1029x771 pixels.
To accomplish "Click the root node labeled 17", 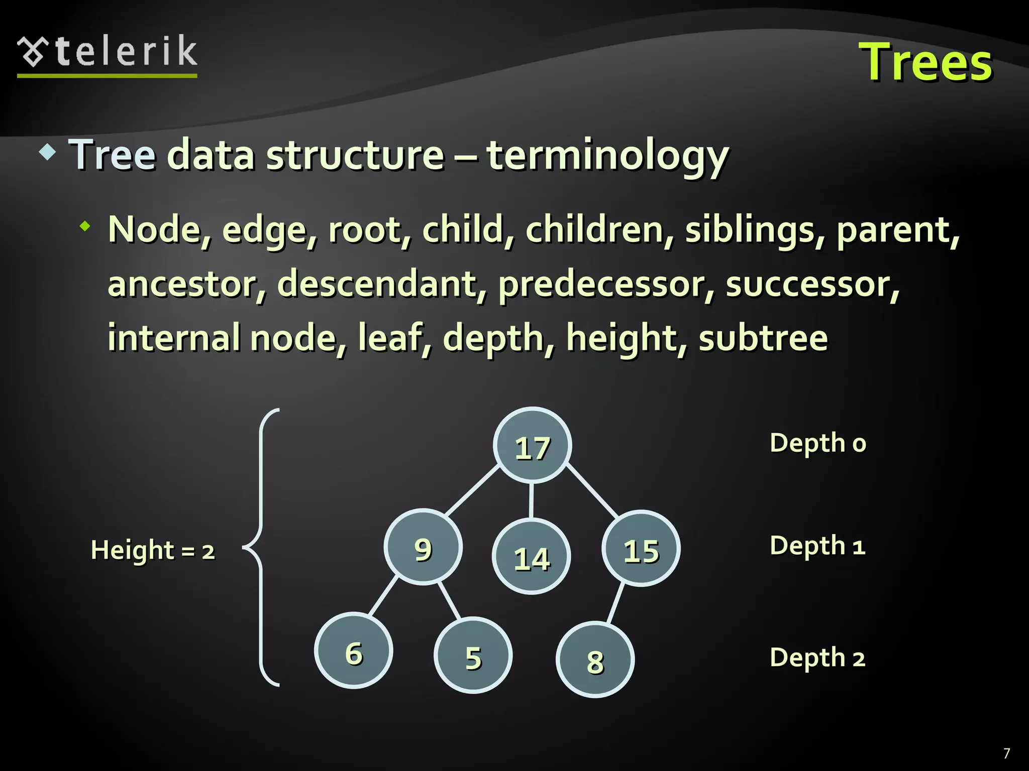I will (532, 446).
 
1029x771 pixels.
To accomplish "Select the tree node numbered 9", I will (423, 547).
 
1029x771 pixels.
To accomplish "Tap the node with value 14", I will (531, 557).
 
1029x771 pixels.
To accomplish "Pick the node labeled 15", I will (641, 549).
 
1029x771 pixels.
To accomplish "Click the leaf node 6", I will (354, 651).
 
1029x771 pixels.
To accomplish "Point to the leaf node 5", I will (473, 655).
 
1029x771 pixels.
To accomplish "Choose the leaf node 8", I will (595, 660).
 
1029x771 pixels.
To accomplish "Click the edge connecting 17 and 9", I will (472, 490).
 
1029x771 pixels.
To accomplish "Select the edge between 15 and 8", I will (615, 603).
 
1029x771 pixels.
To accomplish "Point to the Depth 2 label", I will (817, 658).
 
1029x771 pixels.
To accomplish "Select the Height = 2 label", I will (153, 550).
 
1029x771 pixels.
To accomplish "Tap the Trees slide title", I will (925, 63).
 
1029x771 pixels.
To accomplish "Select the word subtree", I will (763, 338).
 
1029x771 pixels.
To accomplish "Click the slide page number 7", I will (1006, 753).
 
